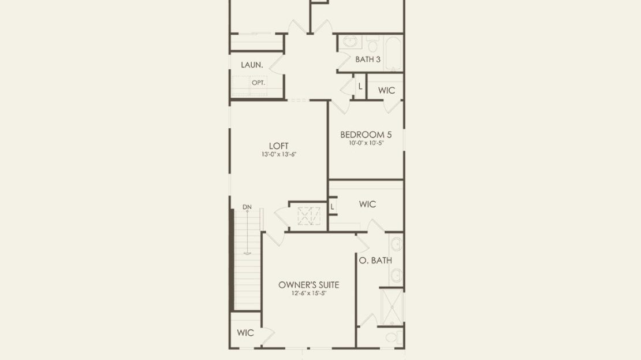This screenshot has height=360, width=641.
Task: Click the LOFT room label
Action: pyautogui.click(x=279, y=146)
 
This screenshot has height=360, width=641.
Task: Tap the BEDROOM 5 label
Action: pyautogui.click(x=366, y=135)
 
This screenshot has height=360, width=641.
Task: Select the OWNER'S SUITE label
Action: pyautogui.click(x=308, y=285)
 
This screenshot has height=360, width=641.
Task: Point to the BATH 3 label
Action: pyautogui.click(x=368, y=60)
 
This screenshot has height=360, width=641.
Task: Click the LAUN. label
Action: pyautogui.click(x=252, y=65)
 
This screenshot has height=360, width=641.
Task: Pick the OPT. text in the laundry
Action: pyautogui.click(x=258, y=83)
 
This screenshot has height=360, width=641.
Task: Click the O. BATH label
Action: pyautogui.click(x=375, y=260)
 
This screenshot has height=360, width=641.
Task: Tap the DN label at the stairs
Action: pyautogui.click(x=247, y=207)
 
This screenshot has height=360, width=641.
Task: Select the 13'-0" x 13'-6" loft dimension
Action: pyautogui.click(x=279, y=154)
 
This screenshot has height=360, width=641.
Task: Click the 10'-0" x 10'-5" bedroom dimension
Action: pyautogui.click(x=366, y=143)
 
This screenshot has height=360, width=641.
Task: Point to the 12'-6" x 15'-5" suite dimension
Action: pyautogui.click(x=308, y=294)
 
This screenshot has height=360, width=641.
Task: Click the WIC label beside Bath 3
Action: pyautogui.click(x=386, y=90)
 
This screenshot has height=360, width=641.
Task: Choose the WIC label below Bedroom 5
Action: pyautogui.click(x=367, y=204)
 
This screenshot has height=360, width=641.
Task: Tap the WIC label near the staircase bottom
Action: pyautogui.click(x=245, y=333)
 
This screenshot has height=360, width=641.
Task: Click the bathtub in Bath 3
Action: pyautogui.click(x=394, y=53)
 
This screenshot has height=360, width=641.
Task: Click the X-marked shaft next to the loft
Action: pyautogui.click(x=308, y=217)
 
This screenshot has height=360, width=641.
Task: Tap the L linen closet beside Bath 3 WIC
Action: pyautogui.click(x=360, y=87)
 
